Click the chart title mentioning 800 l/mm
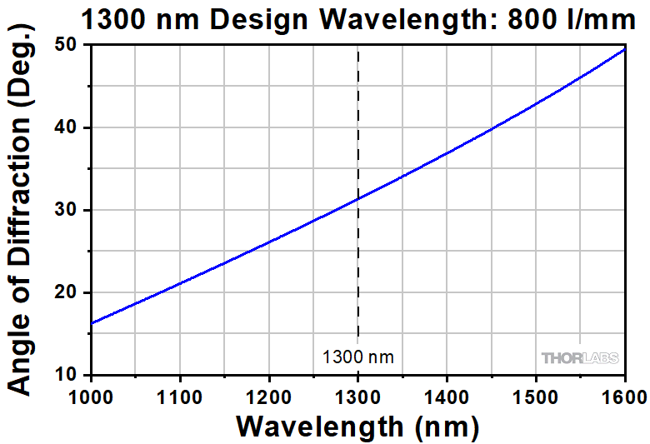tap(358, 17)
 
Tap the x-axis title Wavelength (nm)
tap(357, 427)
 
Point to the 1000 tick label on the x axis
tap(91, 395)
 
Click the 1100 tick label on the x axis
tap(180, 395)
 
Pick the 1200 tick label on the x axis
tap(269, 395)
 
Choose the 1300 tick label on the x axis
tap(358, 395)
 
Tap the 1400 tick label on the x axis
tap(447, 395)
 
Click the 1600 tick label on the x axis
tap(623, 395)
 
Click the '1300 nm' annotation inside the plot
tap(358, 358)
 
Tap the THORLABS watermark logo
tap(581, 358)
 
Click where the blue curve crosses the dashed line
tap(358, 199)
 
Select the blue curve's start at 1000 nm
tap(92, 323)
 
